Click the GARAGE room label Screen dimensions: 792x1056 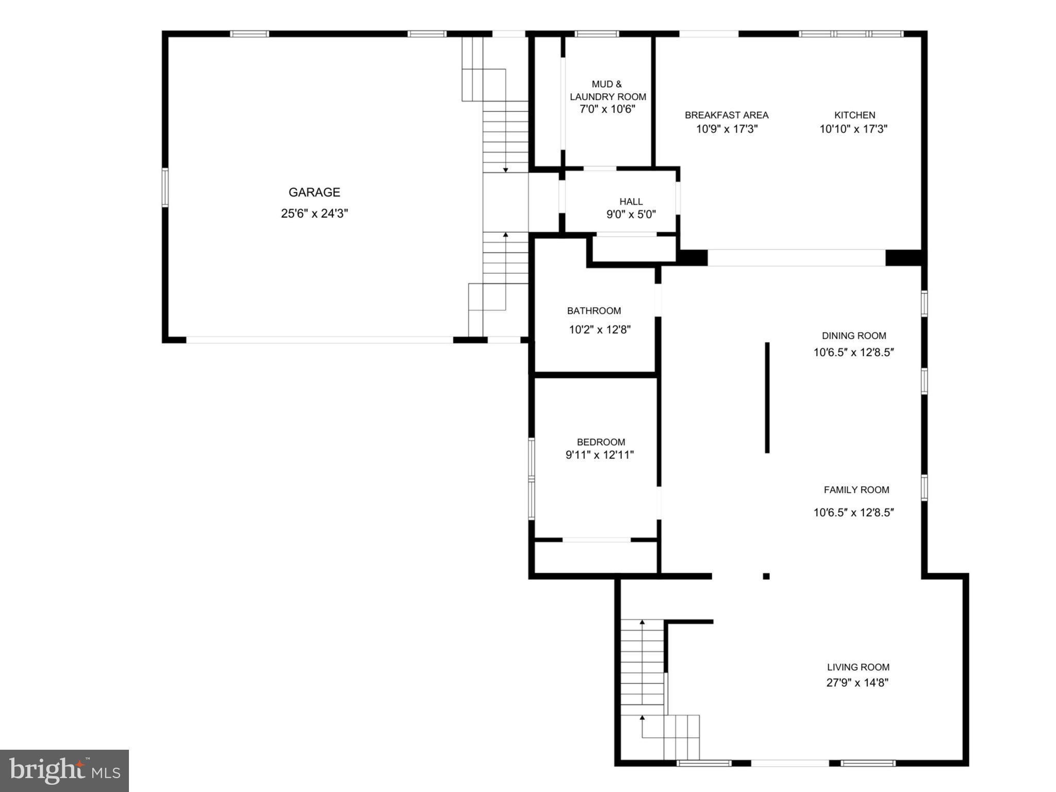314,192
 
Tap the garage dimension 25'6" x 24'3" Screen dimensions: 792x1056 314,213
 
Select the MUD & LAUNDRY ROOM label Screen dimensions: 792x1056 607,90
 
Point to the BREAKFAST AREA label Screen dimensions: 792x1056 726,115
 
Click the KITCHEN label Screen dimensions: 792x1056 854,115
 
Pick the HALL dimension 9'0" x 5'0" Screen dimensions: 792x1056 631,214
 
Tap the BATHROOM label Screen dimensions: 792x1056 593,310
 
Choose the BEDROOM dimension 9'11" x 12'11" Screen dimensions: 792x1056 599,455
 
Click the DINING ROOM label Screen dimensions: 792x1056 853,336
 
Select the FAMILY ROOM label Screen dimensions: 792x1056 856,490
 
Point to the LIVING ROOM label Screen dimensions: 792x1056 858,667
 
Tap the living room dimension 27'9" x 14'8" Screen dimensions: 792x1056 857,683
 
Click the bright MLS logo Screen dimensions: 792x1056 64,770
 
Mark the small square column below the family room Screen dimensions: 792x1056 766,576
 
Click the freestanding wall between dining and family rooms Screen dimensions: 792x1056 767,397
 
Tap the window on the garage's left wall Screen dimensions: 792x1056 165,187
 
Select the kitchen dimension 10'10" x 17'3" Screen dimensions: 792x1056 853,129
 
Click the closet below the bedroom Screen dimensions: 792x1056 596,557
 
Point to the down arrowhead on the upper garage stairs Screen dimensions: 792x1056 505,170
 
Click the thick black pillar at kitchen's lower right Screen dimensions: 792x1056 903,257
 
